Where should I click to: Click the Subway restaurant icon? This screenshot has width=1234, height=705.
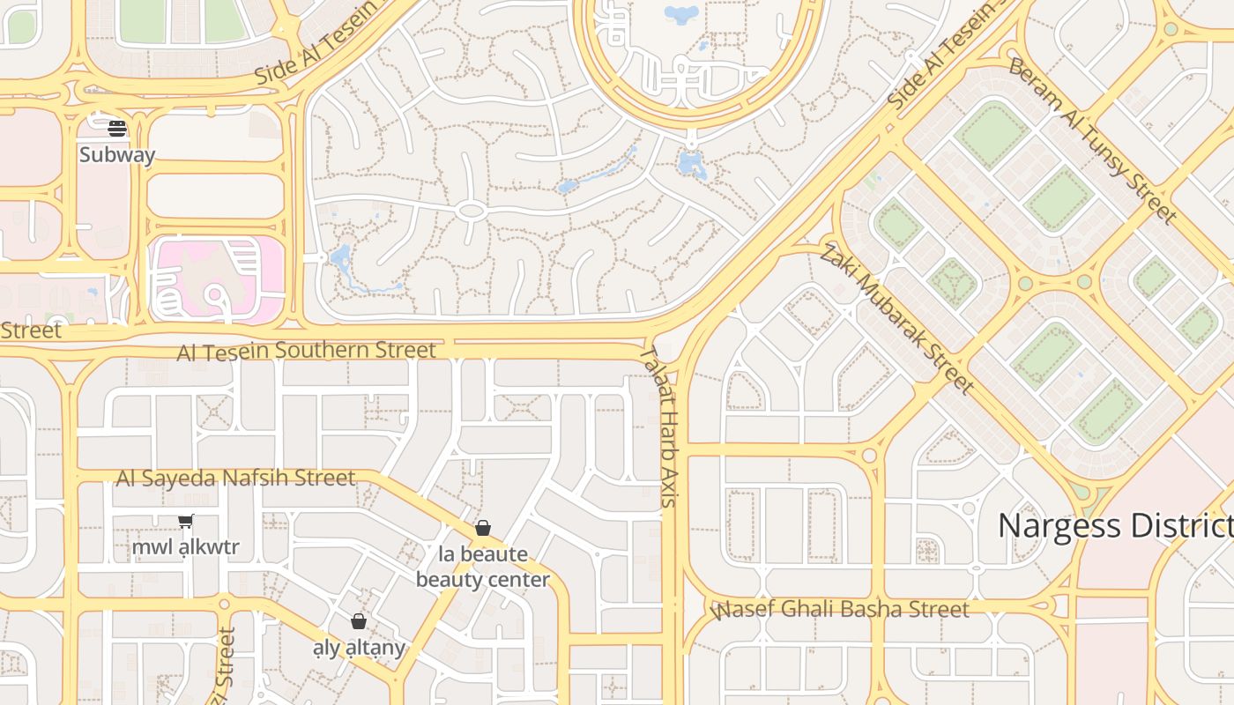(x=117, y=129)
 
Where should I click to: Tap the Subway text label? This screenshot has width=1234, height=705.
(x=117, y=155)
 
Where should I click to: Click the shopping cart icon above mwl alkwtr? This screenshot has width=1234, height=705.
(x=185, y=522)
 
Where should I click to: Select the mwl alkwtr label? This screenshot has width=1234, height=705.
(x=185, y=547)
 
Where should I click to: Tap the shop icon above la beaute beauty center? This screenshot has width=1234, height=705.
(x=482, y=528)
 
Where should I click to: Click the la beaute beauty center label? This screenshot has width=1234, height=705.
(x=482, y=567)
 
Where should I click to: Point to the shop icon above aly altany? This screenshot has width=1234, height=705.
(x=358, y=621)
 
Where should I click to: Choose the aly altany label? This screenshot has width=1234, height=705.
(x=359, y=648)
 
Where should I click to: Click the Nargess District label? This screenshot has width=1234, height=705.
(x=1115, y=526)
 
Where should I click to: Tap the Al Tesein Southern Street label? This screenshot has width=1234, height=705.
(x=306, y=351)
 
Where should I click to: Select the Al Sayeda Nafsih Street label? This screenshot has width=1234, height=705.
(x=235, y=478)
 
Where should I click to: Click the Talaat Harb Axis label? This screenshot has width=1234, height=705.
(x=659, y=426)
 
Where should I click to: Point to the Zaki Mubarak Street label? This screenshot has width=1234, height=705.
(x=896, y=319)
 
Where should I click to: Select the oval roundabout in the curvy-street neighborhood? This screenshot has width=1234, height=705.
(x=472, y=211)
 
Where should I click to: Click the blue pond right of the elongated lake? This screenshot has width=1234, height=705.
(x=692, y=165)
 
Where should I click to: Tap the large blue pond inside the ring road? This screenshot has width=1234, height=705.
(x=680, y=13)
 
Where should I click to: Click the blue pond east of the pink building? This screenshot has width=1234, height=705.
(x=340, y=258)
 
